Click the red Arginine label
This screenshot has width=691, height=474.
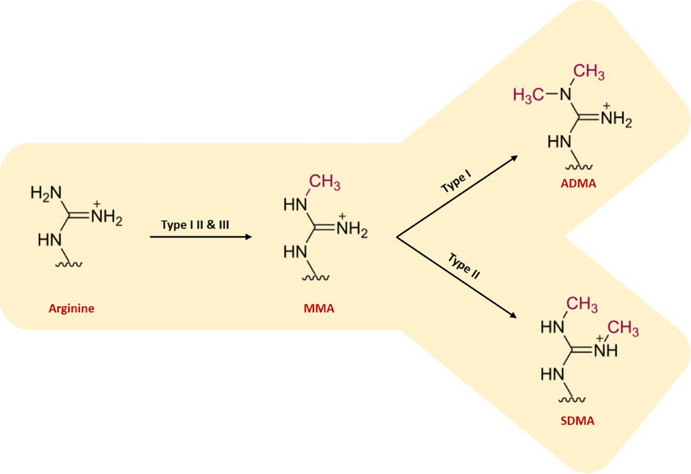(71, 308)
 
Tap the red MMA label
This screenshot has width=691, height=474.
(318, 309)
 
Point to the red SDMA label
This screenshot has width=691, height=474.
(577, 421)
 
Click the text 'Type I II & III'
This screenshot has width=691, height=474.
(196, 224)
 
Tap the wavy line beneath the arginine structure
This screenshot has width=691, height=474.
(70, 264)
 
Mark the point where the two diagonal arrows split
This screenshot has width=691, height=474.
(397, 236)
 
